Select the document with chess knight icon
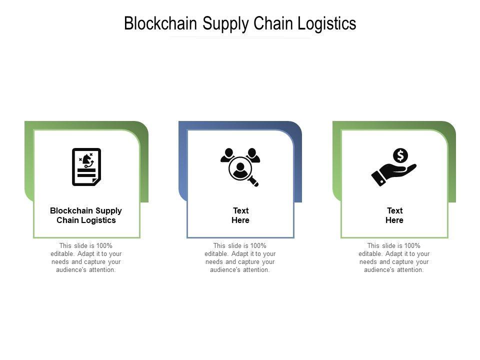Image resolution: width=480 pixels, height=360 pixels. click(x=86, y=167)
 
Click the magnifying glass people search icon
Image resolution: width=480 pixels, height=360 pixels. click(x=240, y=167)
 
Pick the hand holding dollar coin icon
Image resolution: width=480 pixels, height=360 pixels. click(x=394, y=167)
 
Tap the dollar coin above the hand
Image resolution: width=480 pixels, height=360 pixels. click(x=400, y=155)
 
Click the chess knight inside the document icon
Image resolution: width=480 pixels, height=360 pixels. click(x=88, y=159)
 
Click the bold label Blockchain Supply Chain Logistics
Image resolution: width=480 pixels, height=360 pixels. click(x=86, y=215)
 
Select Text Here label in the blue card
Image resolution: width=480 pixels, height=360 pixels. click(x=240, y=215)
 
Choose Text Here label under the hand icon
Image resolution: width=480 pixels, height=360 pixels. click(x=394, y=215)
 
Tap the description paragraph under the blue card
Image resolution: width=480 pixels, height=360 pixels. click(x=240, y=257)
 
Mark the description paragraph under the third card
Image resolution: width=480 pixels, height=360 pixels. click(x=394, y=257)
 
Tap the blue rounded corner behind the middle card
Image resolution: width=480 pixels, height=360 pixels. click(x=297, y=127)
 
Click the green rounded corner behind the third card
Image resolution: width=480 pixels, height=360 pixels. click(x=451, y=127)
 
